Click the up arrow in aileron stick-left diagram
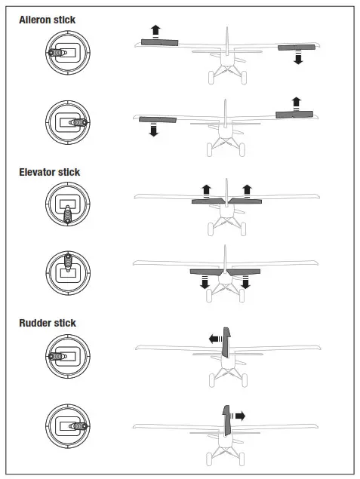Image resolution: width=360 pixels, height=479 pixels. point(155,31)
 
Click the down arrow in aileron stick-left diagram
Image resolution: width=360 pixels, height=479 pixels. point(298,58)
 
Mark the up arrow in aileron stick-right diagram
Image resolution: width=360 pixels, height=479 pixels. point(296,103)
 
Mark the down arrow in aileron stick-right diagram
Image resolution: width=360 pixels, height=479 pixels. point(153,130)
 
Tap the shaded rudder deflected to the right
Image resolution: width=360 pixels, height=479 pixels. point(226,420)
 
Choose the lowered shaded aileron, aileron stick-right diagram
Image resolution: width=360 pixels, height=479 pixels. point(155,119)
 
